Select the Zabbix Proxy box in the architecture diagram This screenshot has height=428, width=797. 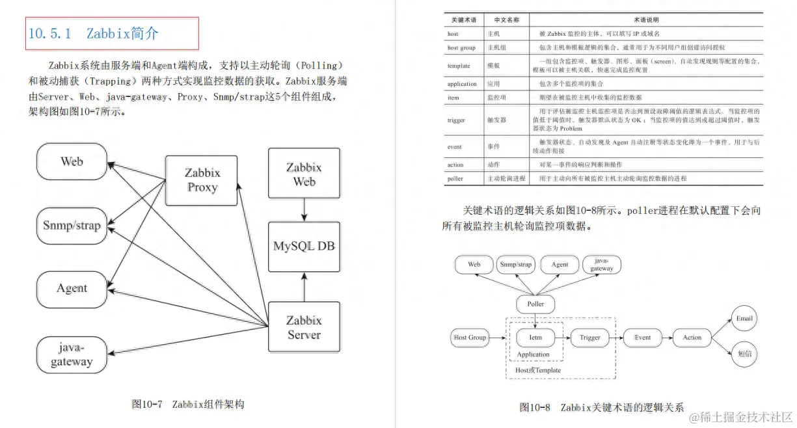(202, 180)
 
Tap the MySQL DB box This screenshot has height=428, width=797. (304, 247)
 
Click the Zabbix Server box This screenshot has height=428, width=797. (304, 327)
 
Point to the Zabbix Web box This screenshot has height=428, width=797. (304, 174)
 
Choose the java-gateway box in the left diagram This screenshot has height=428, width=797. (72, 354)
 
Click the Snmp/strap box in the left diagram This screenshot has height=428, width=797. (72, 226)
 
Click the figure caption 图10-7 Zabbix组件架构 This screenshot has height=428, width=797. (187, 404)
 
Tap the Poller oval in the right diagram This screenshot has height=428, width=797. (535, 304)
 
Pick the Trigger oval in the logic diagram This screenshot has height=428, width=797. (589, 338)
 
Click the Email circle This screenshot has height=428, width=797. (744, 319)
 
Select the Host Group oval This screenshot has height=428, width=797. (469, 338)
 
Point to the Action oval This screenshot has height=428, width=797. (692, 338)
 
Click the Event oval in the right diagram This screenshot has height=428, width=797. (642, 338)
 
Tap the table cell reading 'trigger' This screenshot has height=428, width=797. (456, 120)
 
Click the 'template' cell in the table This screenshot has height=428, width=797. (459, 66)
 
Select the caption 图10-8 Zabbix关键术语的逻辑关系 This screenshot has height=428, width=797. (601, 408)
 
